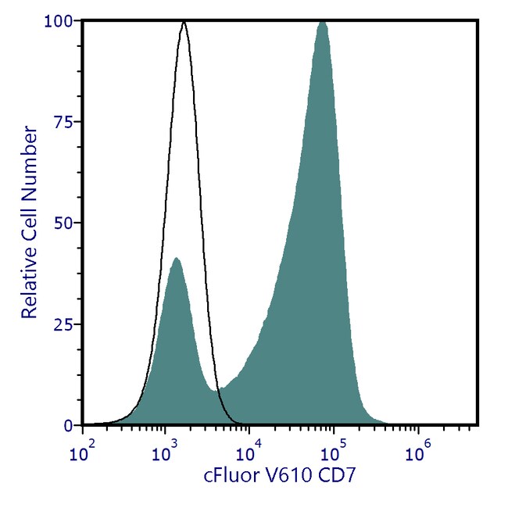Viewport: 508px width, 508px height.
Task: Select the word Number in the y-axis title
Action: point(29,156)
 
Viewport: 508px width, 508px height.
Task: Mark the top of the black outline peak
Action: point(184,22)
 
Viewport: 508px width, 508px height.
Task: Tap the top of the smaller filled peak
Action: point(176,258)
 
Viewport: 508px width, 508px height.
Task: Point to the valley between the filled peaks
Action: point(218,388)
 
